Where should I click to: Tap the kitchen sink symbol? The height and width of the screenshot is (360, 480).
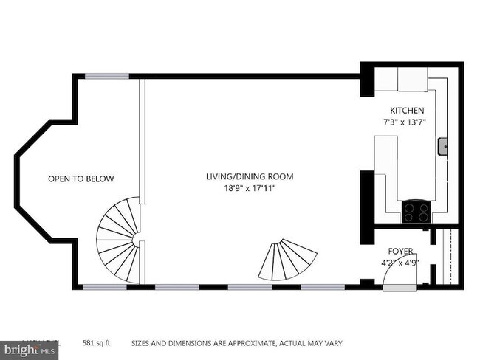444,147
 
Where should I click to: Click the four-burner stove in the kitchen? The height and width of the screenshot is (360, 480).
416,212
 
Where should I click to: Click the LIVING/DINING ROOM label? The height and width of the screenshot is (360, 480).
250,176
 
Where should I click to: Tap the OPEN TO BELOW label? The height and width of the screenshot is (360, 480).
81,179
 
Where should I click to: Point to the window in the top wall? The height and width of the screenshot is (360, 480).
107,75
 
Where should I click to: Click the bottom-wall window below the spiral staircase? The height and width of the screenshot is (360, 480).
104,286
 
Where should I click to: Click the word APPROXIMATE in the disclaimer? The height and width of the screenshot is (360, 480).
243,344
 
